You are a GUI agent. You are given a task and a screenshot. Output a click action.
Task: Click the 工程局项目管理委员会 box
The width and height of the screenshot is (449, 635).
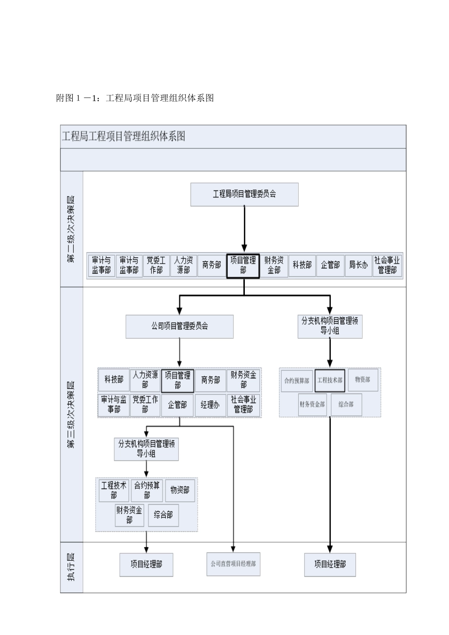(x=244, y=194)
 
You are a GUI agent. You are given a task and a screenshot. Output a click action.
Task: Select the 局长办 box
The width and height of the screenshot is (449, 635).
(x=358, y=265)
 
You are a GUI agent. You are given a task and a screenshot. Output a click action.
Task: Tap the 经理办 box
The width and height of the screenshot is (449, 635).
(x=210, y=405)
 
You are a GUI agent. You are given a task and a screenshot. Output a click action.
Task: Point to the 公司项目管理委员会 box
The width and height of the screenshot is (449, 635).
(x=179, y=326)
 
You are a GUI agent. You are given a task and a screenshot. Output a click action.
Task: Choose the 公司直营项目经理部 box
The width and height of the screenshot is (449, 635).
(x=233, y=564)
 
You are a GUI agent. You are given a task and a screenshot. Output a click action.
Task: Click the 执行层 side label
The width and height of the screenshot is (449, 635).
(x=71, y=567)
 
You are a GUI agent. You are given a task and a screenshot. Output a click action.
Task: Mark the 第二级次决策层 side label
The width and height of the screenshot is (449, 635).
(x=71, y=229)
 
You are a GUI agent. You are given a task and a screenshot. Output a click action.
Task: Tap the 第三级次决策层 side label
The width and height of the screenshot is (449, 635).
(x=71, y=414)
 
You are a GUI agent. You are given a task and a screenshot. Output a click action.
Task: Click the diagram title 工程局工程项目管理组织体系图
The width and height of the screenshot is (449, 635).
(x=123, y=137)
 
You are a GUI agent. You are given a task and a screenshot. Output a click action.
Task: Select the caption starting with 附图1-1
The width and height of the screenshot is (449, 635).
(x=135, y=98)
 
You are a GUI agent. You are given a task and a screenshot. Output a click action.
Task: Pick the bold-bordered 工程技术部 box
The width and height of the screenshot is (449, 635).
(x=330, y=380)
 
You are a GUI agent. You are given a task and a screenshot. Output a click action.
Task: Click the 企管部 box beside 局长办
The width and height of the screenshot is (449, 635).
(x=330, y=265)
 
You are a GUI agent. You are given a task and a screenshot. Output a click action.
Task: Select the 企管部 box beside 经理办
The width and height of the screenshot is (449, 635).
(x=177, y=405)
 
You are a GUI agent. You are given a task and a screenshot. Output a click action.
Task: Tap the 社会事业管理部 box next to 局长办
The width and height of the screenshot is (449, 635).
(x=387, y=265)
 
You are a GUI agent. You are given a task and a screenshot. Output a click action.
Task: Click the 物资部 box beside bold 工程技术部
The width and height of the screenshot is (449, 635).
(x=363, y=380)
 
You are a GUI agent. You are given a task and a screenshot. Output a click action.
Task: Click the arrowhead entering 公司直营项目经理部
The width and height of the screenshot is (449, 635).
(x=233, y=549)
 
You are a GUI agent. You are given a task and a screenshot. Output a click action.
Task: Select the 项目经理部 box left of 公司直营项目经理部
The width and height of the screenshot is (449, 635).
(x=146, y=565)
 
